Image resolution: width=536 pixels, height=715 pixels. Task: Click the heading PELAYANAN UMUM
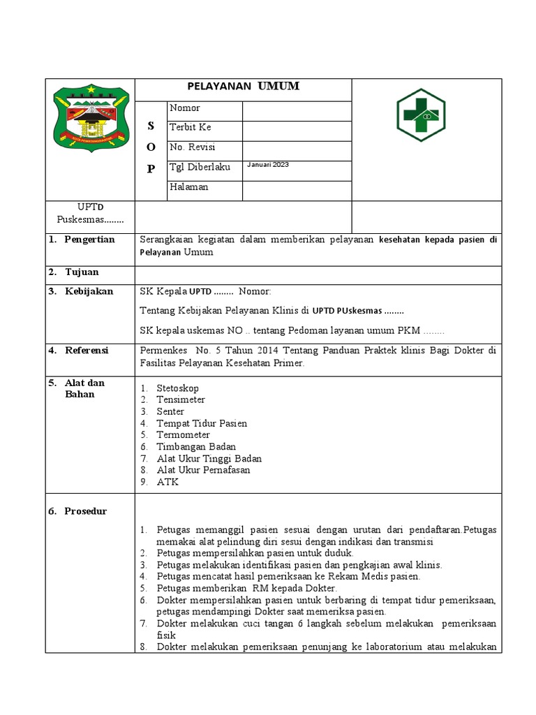click(243, 87)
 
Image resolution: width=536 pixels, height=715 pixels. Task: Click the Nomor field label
click(184, 108)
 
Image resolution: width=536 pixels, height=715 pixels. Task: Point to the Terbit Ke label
click(190, 128)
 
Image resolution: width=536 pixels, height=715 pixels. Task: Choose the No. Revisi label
click(192, 147)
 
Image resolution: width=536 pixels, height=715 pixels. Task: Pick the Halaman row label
click(188, 187)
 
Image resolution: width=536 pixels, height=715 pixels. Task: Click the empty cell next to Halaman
click(297, 191)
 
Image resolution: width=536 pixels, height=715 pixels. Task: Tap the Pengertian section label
click(89, 239)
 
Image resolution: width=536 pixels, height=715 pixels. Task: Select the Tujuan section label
click(82, 272)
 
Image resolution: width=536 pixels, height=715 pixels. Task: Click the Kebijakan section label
click(89, 292)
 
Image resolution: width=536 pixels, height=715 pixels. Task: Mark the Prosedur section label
click(86, 511)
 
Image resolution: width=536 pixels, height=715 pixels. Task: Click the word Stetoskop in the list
click(177, 388)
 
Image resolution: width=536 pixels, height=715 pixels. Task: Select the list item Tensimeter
click(181, 400)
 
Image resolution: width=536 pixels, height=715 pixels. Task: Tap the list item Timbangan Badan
click(196, 447)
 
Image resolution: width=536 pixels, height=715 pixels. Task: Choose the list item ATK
click(167, 482)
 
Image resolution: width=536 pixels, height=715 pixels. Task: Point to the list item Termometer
click(183, 435)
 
